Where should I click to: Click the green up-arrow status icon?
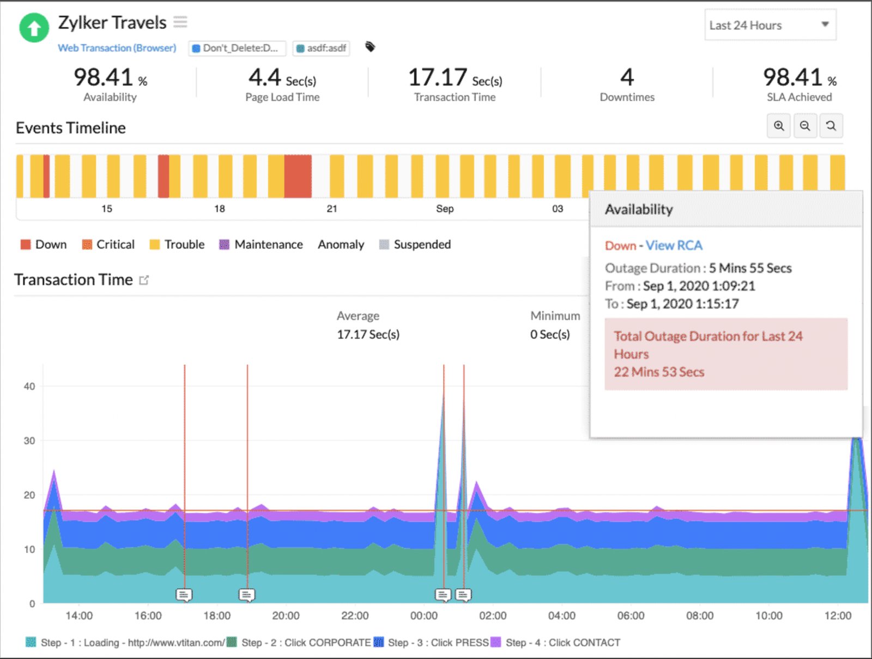34,27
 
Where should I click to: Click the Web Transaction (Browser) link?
117,48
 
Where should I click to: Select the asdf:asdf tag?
321,48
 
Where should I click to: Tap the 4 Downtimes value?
627,78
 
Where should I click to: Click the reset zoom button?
831,126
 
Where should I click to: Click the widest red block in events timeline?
298,176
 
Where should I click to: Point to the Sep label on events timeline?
445,209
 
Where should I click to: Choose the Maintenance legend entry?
261,245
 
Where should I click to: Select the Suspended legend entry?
415,245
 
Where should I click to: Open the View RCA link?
674,246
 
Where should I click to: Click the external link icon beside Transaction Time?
144,280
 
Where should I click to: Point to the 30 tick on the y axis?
29,440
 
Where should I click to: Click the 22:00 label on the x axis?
355,616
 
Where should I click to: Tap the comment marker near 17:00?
184,594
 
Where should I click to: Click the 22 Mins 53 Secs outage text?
659,372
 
